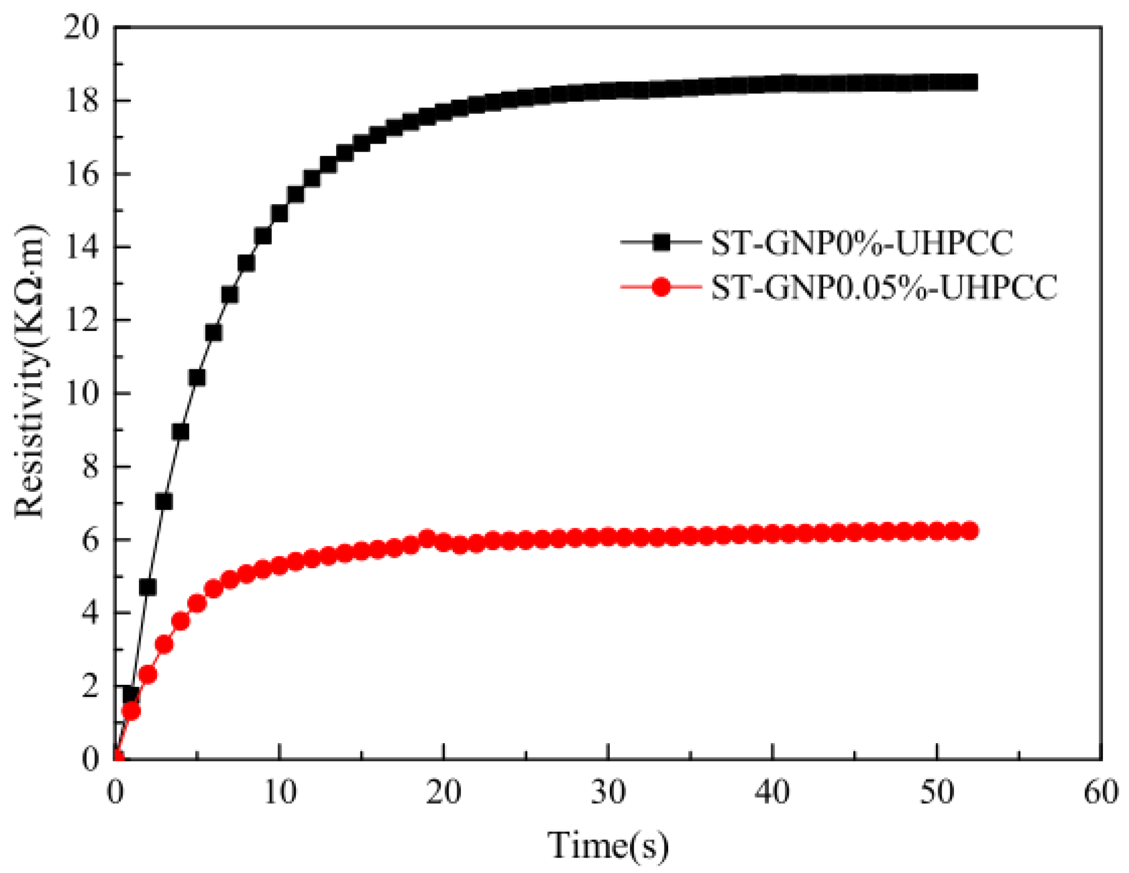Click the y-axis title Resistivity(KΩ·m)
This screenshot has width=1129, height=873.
[29, 371]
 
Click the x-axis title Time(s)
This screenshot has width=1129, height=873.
[608, 845]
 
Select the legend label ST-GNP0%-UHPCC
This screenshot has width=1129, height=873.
[861, 243]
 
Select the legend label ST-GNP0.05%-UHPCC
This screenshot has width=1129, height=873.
[884, 288]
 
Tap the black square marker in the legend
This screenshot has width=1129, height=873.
[661, 243]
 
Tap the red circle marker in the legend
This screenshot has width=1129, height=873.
[661, 287]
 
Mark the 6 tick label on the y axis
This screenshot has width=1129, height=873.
[90, 540]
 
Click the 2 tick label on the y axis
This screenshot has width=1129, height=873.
[90, 686]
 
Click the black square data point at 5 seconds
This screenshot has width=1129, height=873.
[197, 378]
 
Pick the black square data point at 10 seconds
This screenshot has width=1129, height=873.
[279, 214]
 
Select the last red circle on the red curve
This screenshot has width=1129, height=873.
[970, 531]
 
